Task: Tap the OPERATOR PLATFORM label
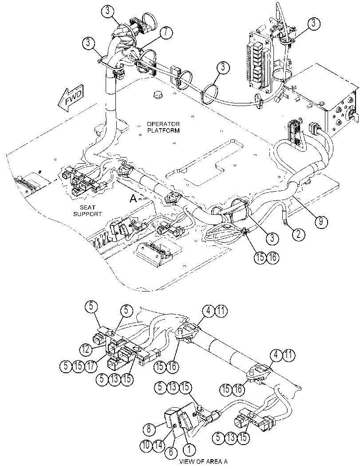(x=163, y=127)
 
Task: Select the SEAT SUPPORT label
(x=88, y=211)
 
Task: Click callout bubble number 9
(x=321, y=221)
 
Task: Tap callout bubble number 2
(x=299, y=234)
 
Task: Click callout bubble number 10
(x=146, y=445)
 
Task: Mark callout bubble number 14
(x=159, y=445)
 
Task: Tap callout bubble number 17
(x=91, y=366)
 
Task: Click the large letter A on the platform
(x=134, y=198)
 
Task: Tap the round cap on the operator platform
(x=158, y=95)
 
